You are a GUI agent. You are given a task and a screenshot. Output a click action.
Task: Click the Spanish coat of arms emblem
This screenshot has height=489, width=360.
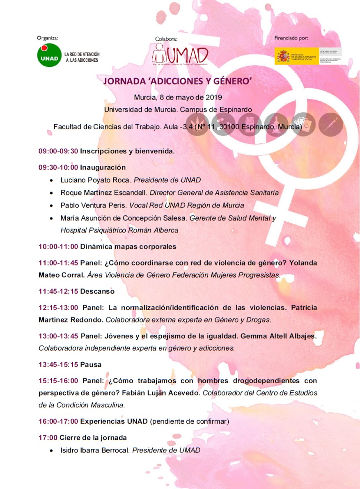(282, 56)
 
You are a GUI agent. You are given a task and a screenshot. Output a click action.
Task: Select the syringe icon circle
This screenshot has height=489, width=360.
(330, 124)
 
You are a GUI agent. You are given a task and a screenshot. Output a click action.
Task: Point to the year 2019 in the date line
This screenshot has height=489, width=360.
(213, 98)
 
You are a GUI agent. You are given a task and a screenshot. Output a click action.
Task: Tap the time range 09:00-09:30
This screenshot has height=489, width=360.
(58, 151)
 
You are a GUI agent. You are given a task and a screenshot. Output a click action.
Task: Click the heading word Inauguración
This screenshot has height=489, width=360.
(103, 167)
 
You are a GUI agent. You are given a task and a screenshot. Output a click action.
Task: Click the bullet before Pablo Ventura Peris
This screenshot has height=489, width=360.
(51, 206)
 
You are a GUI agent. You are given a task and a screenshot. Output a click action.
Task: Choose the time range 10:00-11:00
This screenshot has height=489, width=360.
(58, 247)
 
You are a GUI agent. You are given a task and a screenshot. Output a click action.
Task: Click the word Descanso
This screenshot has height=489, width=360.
(97, 291)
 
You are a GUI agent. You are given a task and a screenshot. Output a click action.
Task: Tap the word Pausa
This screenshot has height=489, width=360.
(91, 364)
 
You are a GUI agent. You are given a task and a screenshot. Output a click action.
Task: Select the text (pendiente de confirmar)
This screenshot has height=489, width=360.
(189, 421)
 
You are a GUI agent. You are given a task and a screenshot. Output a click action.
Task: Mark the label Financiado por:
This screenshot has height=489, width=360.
(291, 38)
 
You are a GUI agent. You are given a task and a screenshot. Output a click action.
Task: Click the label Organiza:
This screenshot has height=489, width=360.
(47, 38)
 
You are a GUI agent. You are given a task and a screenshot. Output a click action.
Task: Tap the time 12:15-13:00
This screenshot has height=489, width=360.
(58, 307)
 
